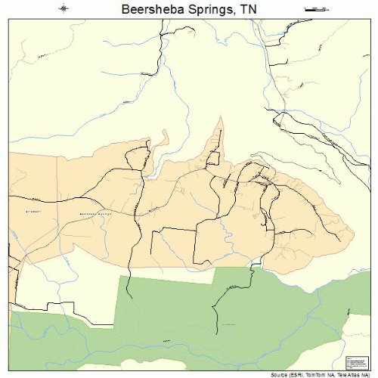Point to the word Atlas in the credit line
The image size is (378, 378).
[x=355, y=374]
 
